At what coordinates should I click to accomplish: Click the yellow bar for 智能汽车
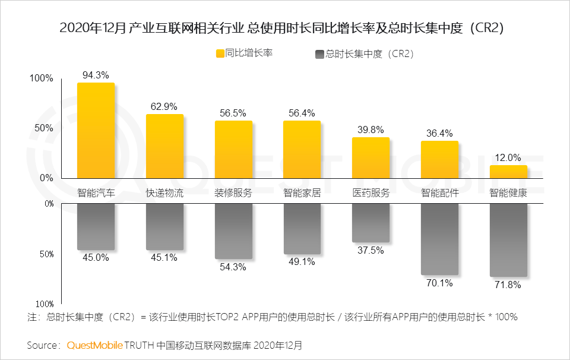96,130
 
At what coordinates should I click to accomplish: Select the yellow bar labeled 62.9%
164,146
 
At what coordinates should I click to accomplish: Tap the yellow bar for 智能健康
508,171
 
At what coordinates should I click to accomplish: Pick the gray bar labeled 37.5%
370,223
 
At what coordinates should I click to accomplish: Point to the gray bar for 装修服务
233,231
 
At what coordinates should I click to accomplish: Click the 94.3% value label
96,75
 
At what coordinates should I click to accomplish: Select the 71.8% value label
508,285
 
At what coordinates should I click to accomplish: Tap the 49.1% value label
302,261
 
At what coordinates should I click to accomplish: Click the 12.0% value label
508,157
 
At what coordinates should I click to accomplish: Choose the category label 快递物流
164,193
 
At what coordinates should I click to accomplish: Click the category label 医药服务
370,193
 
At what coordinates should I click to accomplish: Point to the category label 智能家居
302,193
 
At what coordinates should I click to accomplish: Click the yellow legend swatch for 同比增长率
220,53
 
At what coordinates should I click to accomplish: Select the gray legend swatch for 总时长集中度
320,54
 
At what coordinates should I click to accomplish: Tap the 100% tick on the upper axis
42,78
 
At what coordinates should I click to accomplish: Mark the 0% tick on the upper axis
46,178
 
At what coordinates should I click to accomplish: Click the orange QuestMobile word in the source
94,345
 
